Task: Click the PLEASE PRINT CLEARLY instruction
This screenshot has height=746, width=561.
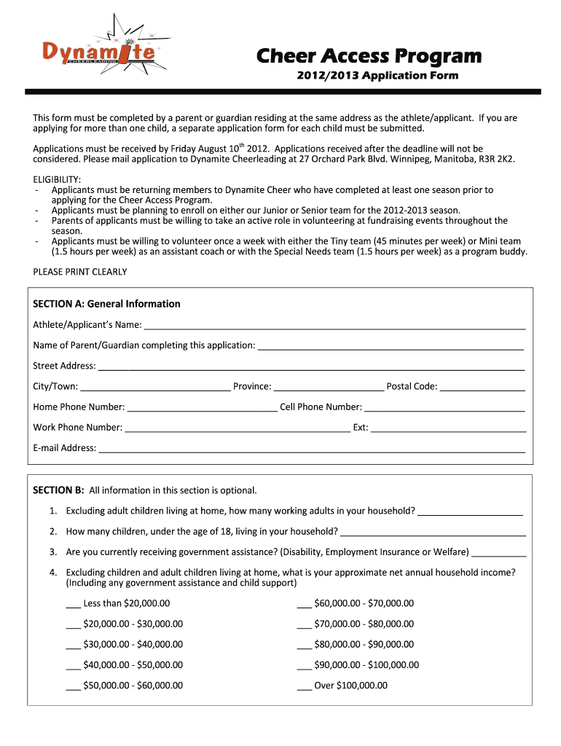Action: click(x=80, y=272)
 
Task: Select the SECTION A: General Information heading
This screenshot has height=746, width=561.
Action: click(x=106, y=304)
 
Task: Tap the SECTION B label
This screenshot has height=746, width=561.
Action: click(x=59, y=490)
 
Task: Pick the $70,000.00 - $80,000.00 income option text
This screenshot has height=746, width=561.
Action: click(x=364, y=624)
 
